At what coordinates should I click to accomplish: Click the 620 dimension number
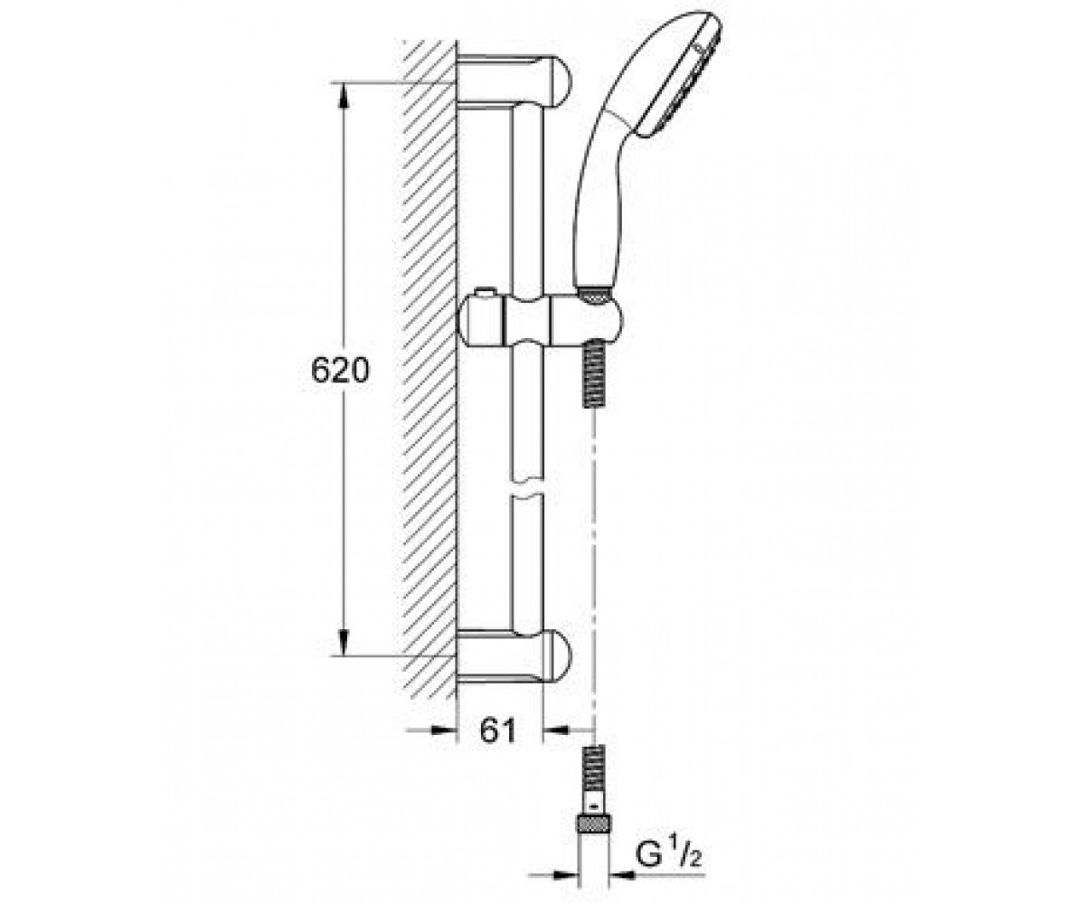point(340,371)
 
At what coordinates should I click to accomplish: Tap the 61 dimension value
point(498,730)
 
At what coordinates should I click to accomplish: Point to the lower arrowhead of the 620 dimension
point(343,642)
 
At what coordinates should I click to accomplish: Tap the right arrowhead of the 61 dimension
point(555,730)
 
